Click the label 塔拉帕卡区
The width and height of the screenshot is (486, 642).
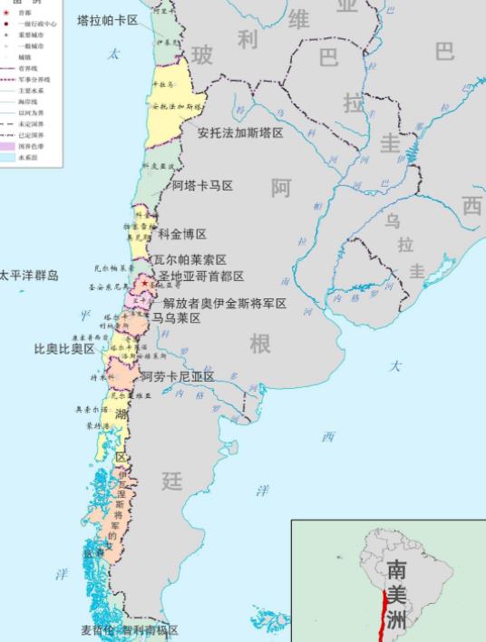(107, 19)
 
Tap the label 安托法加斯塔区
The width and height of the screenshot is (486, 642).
(240, 132)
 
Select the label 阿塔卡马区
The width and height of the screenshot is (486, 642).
(202, 185)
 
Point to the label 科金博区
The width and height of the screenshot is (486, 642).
(182, 234)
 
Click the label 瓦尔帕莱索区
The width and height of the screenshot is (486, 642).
(190, 259)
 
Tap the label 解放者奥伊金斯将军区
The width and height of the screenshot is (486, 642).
(224, 303)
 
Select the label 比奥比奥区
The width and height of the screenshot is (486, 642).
(64, 348)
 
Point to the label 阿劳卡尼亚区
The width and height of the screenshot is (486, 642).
(177, 376)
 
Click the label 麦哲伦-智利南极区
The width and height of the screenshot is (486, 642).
(129, 630)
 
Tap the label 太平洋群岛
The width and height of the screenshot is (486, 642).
(29, 275)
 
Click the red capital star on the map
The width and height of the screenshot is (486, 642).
(142, 285)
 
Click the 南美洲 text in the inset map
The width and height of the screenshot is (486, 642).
(396, 594)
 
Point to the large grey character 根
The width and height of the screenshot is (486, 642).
(260, 344)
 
